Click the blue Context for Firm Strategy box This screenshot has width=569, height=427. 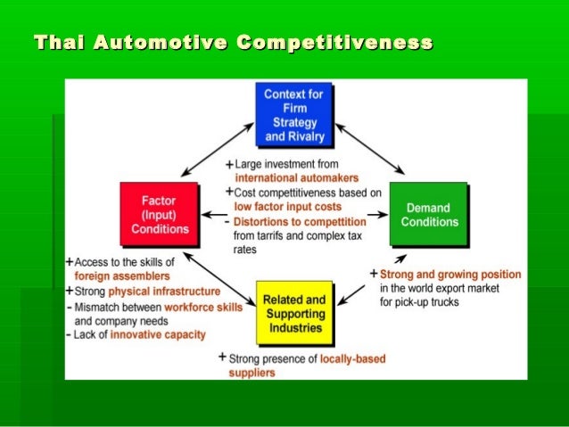pos(294,114)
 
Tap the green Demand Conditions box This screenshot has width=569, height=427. pos(428,214)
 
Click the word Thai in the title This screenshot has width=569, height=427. pos(54,43)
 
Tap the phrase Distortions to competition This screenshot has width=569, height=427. pos(301,221)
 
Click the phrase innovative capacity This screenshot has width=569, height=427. pos(159,334)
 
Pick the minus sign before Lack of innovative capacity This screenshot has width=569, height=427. pos(69,334)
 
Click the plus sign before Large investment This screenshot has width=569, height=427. pos(229,164)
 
